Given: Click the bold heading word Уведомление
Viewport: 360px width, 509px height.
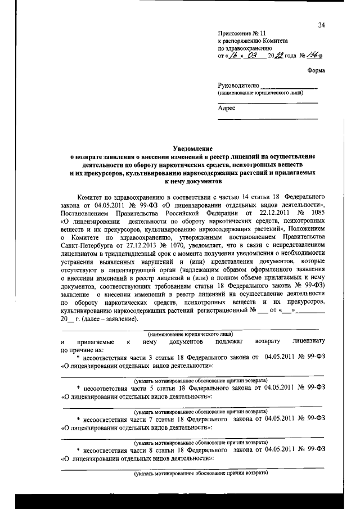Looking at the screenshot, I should (x=180, y=147).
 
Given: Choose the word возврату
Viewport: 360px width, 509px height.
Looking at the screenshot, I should (x=268, y=342).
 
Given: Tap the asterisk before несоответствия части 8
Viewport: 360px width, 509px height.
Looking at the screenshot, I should (x=78, y=449).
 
